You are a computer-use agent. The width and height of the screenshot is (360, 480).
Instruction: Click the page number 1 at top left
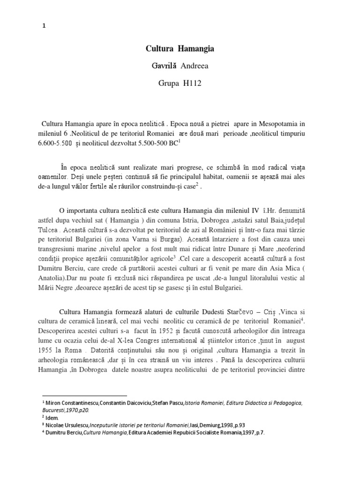(x=44, y=26)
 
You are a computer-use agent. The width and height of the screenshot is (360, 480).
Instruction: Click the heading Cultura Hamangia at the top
(x=180, y=49)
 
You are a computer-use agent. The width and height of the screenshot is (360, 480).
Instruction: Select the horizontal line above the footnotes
(x=84, y=396)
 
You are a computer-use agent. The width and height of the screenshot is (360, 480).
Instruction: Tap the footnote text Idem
(x=51, y=417)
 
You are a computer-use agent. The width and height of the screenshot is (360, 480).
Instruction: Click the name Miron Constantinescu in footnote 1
(x=68, y=403)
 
